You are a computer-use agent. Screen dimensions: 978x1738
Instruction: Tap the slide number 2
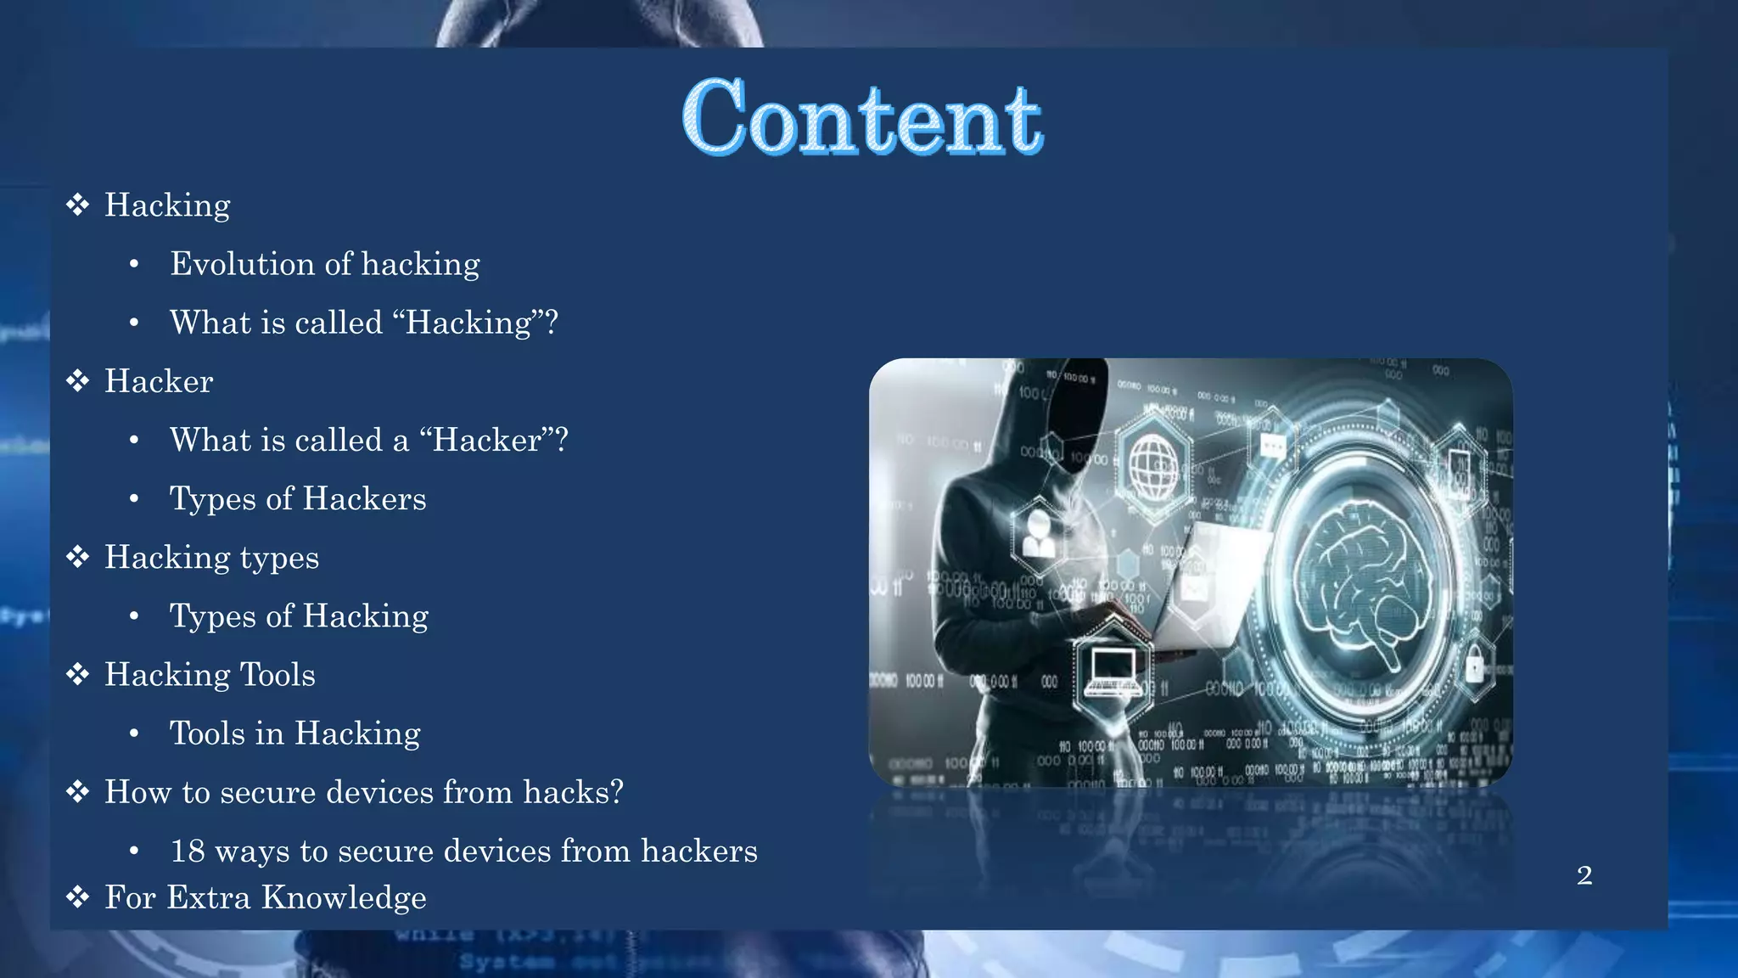tap(1584, 875)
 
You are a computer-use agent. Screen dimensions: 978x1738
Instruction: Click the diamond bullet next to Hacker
tap(78, 380)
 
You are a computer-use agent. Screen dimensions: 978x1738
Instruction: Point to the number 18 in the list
tap(188, 851)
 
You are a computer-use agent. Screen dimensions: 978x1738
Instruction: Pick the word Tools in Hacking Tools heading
tap(278, 675)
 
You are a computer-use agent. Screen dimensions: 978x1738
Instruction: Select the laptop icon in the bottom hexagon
tap(1112, 669)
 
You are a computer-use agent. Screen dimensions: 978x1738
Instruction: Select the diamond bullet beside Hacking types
tap(78, 557)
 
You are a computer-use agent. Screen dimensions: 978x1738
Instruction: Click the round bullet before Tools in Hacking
tap(134, 733)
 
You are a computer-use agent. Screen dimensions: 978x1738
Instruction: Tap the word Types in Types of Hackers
tap(213, 499)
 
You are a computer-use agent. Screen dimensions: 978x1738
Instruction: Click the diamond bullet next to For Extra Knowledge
tap(78, 897)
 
